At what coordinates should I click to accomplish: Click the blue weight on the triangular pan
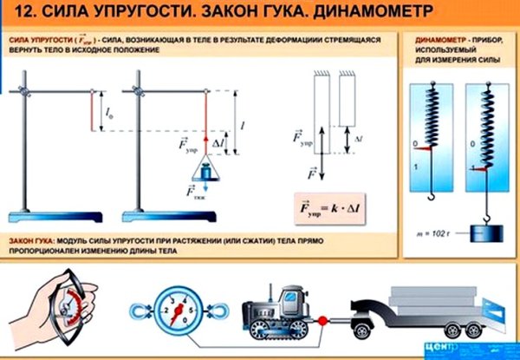pyautogui.click(x=207, y=171)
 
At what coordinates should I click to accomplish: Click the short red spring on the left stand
pyautogui.click(x=92, y=110)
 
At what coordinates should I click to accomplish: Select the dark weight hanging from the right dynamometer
pyautogui.click(x=482, y=232)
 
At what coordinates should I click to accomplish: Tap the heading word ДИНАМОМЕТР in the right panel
pyautogui.click(x=440, y=40)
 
